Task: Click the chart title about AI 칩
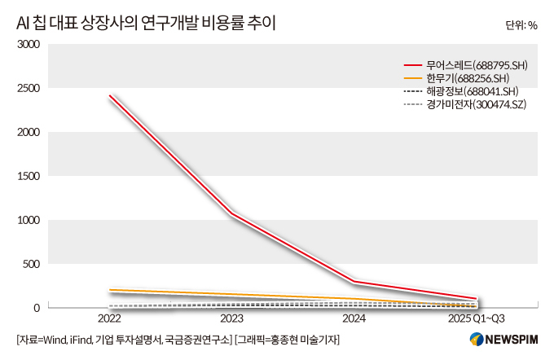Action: (146, 23)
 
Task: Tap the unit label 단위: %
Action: (521, 24)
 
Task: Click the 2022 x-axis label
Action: (109, 318)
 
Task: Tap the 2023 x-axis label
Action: (231, 318)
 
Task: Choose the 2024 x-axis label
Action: (354, 318)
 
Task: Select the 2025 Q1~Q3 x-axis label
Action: (476, 318)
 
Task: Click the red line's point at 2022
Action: (109, 95)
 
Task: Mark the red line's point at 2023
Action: (231, 213)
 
